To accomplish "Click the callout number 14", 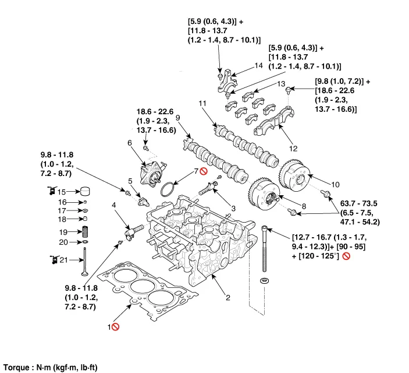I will pyautogui.click(x=259, y=66).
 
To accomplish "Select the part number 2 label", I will pyautogui.click(x=228, y=298).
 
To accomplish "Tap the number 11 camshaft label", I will pyautogui.click(x=202, y=104).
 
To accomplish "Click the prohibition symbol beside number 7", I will pyautogui.click(x=203, y=171).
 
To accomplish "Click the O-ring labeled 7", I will pyautogui.click(x=167, y=190).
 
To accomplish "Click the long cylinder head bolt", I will pyautogui.click(x=266, y=251).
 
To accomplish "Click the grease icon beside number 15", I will pyautogui.click(x=51, y=191).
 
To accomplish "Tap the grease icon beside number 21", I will pyautogui.click(x=51, y=259).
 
